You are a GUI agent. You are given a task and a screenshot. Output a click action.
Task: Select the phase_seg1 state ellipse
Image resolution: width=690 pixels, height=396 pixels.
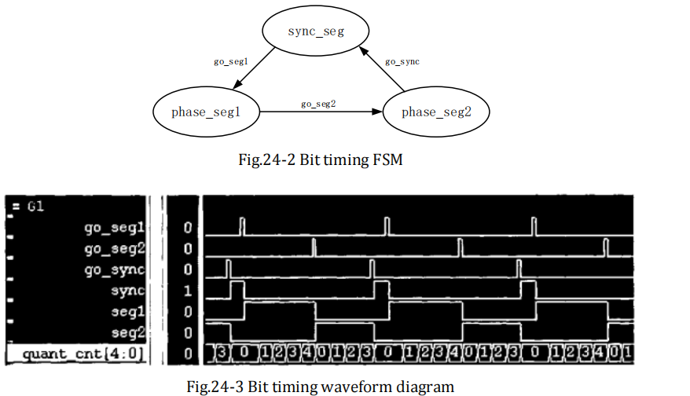pos(205,112)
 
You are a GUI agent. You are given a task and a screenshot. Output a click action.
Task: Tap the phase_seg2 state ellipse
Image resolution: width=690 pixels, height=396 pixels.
pos(435,112)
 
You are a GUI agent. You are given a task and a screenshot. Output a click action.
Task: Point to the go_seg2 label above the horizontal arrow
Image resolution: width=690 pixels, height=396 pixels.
pos(318,103)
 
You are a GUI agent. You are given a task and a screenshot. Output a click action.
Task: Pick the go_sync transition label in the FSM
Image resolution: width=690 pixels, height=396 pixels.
pos(402,61)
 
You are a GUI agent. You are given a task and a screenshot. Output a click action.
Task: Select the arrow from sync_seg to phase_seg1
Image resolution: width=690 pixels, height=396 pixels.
pos(253,70)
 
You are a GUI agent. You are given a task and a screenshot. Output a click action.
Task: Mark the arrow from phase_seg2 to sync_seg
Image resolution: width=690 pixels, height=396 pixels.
pos(382,68)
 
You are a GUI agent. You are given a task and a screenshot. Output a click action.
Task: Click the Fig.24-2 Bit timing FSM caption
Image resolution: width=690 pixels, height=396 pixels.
pos(318,159)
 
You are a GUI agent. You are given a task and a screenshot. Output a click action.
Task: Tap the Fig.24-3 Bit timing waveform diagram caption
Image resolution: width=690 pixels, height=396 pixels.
pos(321,386)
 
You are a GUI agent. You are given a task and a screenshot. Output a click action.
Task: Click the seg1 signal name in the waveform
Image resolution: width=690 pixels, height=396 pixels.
pos(129,311)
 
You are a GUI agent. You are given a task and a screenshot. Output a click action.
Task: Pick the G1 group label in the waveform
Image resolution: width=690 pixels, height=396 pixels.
pos(36,207)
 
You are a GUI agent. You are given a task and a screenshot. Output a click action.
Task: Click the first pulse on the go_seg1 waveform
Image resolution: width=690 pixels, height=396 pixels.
pos(241,226)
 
